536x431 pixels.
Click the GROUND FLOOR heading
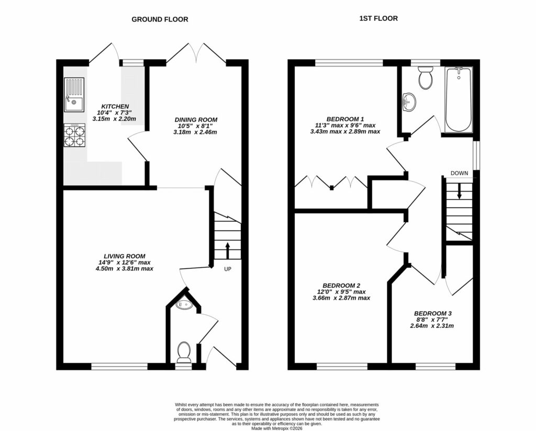tap(160, 19)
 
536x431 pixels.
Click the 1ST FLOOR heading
tap(378, 18)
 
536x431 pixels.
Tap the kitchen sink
tap(74, 95)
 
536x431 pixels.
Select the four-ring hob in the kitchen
tap(74, 135)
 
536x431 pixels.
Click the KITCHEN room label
tap(115, 107)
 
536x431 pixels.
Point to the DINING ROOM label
tap(196, 120)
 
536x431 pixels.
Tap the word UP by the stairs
tap(228, 269)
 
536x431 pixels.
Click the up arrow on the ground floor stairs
tap(228, 249)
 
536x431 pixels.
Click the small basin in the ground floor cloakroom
tap(184, 304)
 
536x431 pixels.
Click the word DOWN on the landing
tap(459, 173)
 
